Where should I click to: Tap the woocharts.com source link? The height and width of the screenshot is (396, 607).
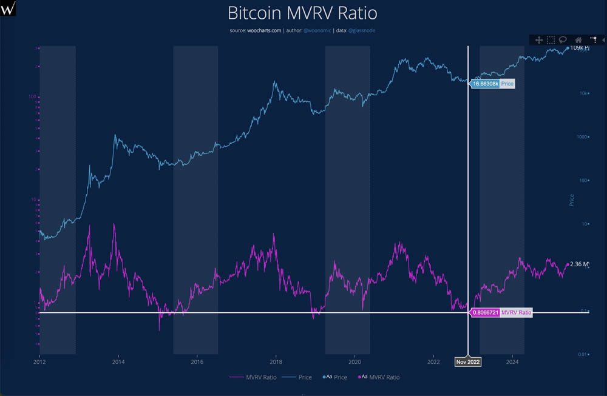(264, 30)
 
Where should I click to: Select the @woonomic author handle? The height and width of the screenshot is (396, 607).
(317, 30)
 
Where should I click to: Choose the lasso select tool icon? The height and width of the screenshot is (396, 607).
(563, 40)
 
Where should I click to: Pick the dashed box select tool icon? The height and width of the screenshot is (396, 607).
(551, 40)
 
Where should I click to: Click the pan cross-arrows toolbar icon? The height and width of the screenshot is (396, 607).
(538, 40)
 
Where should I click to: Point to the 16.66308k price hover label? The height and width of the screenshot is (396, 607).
(486, 84)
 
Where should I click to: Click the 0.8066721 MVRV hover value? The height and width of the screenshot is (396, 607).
(486, 313)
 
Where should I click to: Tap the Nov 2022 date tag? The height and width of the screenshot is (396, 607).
(468, 362)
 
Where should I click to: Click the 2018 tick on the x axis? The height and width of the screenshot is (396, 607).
(276, 362)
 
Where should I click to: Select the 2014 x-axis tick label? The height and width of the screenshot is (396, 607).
(118, 362)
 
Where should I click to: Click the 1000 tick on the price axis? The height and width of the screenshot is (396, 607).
(582, 137)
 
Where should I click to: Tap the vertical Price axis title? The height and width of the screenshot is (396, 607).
(571, 200)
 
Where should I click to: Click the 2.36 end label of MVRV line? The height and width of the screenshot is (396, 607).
(580, 264)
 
